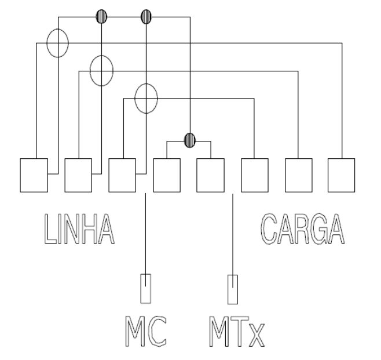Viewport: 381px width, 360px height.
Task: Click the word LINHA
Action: click(x=79, y=229)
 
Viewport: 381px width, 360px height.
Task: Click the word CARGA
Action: click(x=302, y=228)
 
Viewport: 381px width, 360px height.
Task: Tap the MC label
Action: click(x=146, y=331)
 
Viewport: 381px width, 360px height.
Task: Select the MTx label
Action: click(x=237, y=331)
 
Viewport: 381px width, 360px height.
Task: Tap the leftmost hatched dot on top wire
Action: click(x=101, y=17)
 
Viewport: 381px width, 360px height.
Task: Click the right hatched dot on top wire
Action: click(x=146, y=17)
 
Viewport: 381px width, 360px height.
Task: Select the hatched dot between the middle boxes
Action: click(x=190, y=140)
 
